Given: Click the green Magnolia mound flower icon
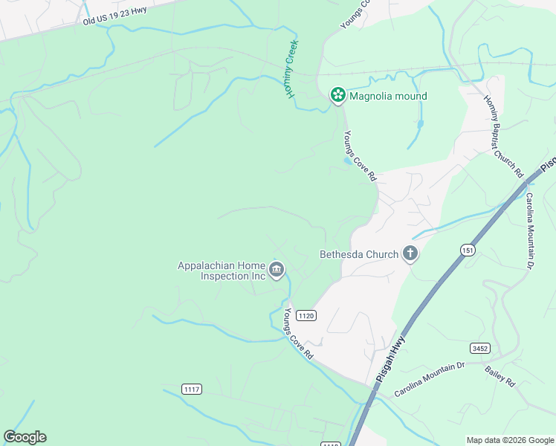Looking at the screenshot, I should click(x=337, y=95).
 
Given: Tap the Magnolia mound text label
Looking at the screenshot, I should click(x=388, y=96).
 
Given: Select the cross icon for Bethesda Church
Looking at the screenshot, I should click(x=409, y=254).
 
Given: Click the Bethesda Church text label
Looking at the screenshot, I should click(x=359, y=254).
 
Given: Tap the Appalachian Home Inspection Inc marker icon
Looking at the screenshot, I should click(x=277, y=270).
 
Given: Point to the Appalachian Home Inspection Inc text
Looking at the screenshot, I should click(x=222, y=271).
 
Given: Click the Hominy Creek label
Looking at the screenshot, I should click(x=290, y=68).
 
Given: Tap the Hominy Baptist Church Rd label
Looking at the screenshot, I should click(x=503, y=136).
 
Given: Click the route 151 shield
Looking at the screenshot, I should click(x=467, y=250).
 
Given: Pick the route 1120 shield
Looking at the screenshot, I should click(x=306, y=316).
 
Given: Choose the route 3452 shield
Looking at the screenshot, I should click(x=479, y=348).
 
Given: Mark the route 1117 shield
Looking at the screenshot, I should click(x=192, y=390).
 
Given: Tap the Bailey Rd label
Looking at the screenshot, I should click(x=500, y=375).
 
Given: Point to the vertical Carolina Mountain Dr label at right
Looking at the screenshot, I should click(x=531, y=230).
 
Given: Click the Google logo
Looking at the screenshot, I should click(x=25, y=437).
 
